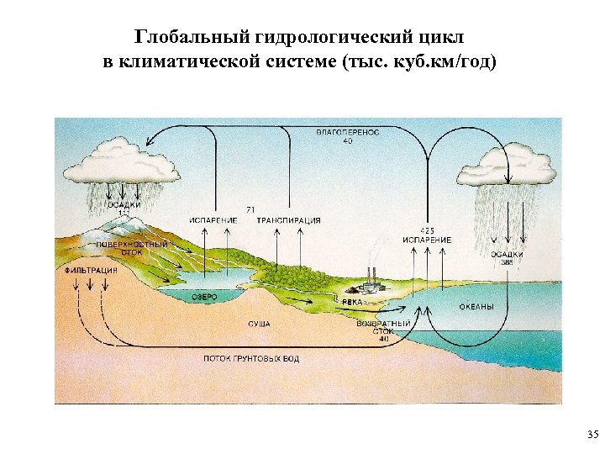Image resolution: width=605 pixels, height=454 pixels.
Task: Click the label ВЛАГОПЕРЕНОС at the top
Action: tap(347, 132)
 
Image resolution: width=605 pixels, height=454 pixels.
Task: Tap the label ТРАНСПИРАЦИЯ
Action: tap(288, 220)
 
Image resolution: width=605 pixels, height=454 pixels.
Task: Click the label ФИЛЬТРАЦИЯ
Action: tap(91, 271)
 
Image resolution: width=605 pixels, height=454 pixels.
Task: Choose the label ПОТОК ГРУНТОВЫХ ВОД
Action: tap(250, 359)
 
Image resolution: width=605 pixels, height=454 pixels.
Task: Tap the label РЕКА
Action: tap(352, 300)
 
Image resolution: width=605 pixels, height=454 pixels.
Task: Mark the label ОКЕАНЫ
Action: tap(476, 307)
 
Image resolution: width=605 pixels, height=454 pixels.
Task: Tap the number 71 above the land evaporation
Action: tap(250, 209)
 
